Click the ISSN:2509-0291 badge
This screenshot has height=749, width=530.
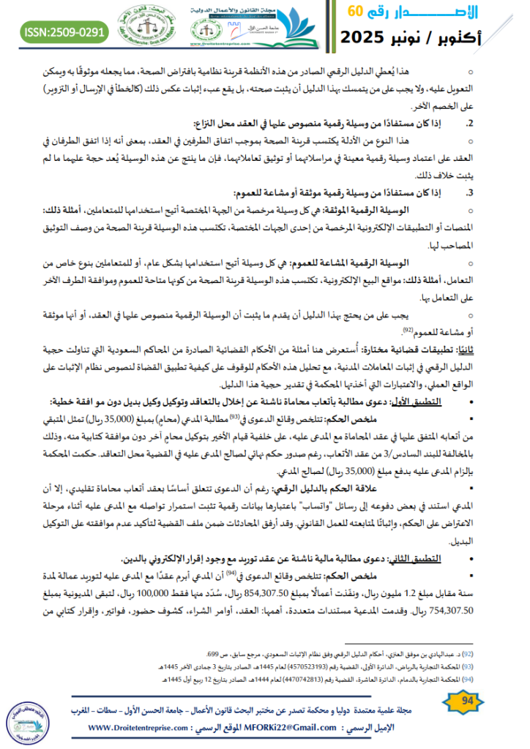pos(65,33)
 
